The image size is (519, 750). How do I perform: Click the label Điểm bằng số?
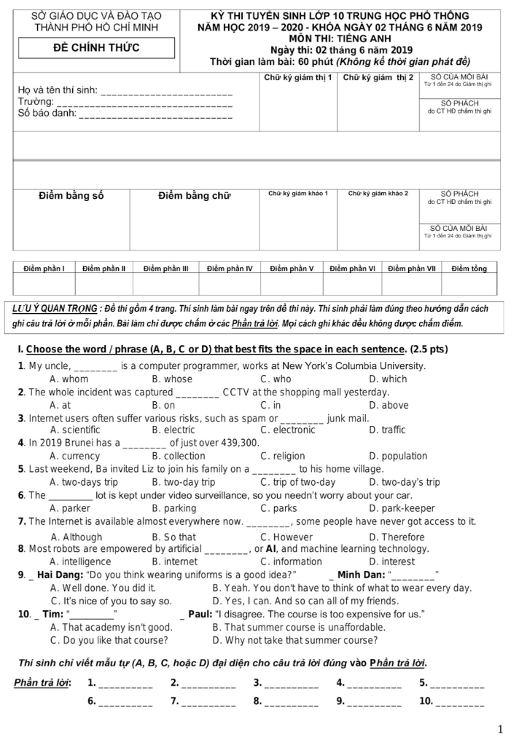(x=71, y=195)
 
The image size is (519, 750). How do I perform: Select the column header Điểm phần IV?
(x=229, y=269)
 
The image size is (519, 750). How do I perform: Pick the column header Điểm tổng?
(x=469, y=269)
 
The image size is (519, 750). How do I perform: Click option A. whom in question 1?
(x=69, y=379)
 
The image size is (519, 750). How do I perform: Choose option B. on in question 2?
(x=163, y=405)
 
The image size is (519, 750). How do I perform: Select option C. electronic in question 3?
(x=287, y=430)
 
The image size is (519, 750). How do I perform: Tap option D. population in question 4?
(x=398, y=456)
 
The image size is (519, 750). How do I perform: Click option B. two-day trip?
(x=183, y=482)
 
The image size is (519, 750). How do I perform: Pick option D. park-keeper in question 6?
(x=402, y=508)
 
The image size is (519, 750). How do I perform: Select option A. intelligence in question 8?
(x=80, y=561)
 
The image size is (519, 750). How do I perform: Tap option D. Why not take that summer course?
(x=294, y=640)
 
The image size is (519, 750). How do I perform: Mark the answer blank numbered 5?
(x=457, y=684)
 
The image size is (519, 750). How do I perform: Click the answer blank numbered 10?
(x=459, y=702)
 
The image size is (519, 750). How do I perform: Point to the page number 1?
(x=500, y=730)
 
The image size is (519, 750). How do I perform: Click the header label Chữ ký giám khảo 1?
(x=298, y=194)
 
